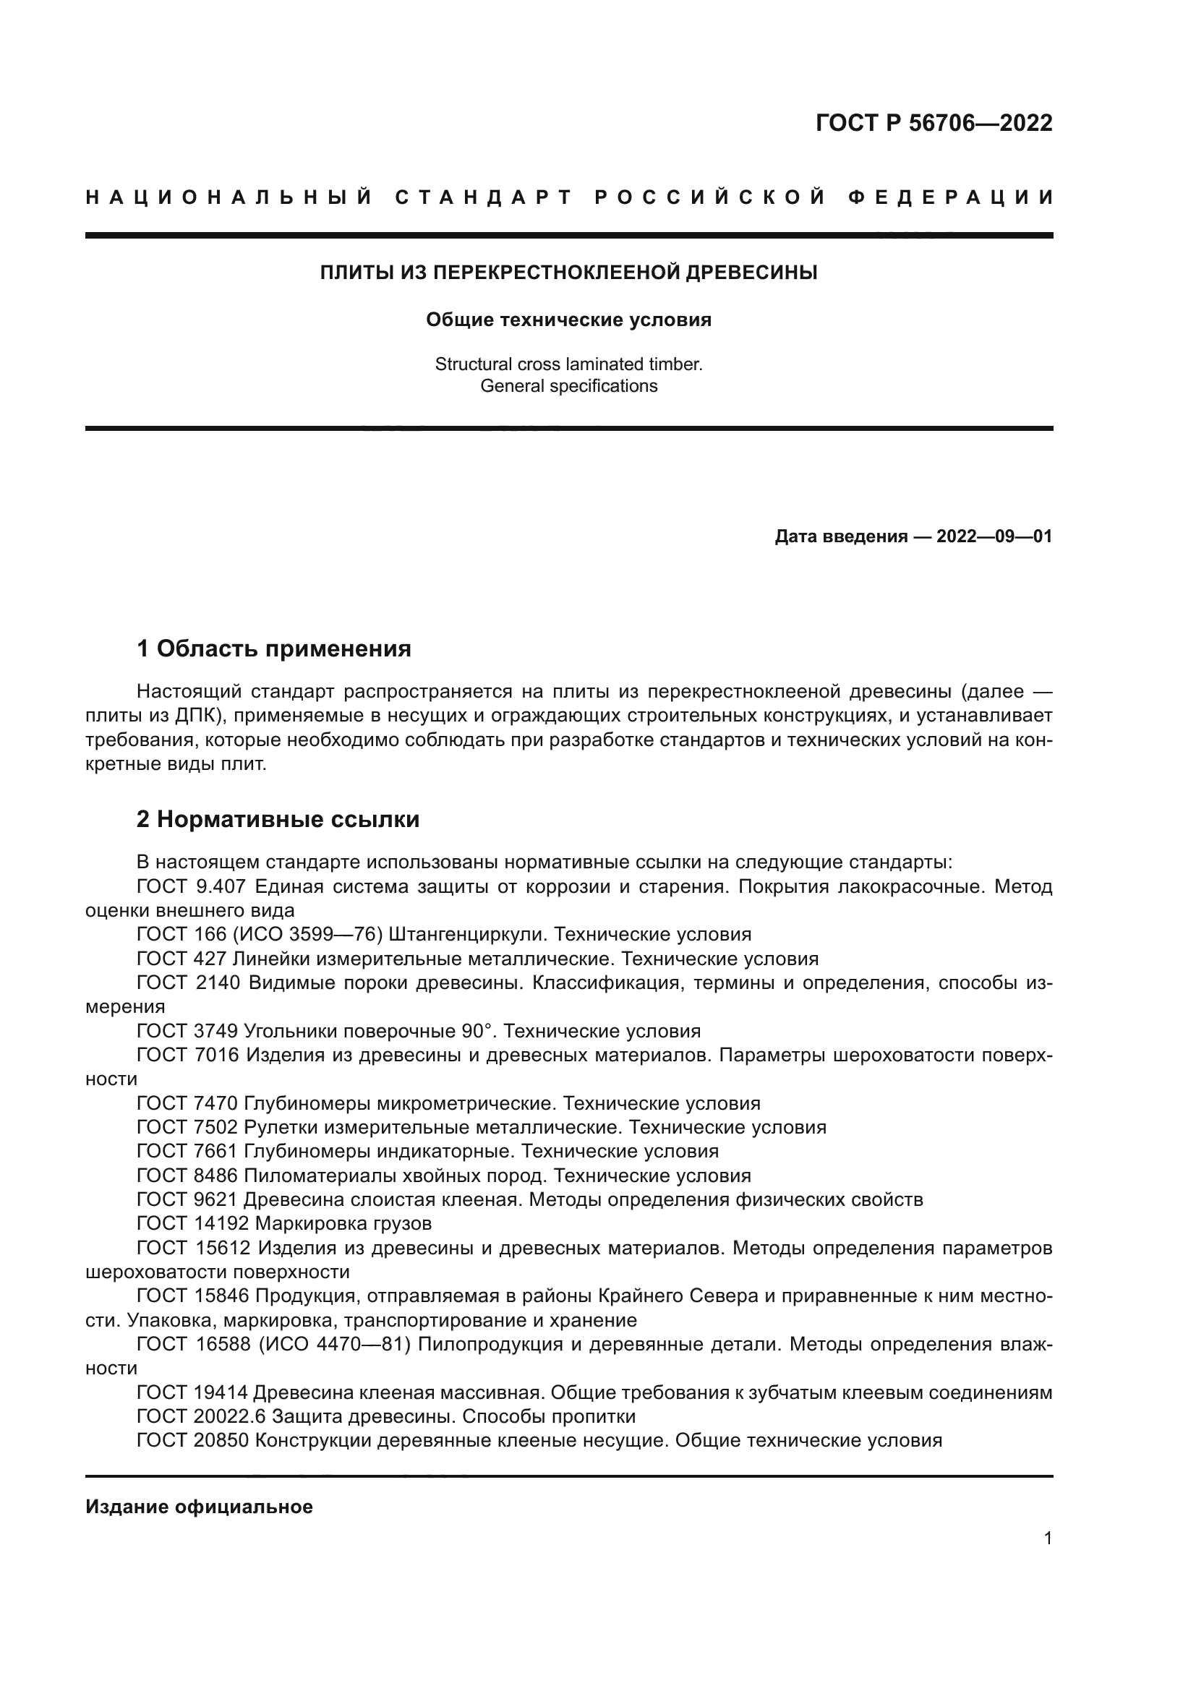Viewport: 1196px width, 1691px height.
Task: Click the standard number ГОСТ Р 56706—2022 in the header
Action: pos(934,123)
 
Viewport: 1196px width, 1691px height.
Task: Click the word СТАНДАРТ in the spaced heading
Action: pos(484,197)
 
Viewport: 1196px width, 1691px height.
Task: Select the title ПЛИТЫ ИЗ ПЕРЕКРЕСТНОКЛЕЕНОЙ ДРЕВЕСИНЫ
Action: pos(568,273)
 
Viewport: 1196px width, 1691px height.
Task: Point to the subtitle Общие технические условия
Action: pos(568,320)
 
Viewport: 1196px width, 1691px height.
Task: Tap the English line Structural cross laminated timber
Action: pos(568,364)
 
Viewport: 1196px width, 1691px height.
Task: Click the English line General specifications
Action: pos(568,386)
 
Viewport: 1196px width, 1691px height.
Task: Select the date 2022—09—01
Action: pos(994,536)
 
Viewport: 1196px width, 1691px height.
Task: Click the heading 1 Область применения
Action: pos(274,648)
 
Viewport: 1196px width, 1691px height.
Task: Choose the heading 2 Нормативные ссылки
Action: pos(278,819)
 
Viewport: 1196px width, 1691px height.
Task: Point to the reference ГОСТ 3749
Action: pos(188,1030)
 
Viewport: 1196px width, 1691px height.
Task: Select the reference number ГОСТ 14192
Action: pos(194,1223)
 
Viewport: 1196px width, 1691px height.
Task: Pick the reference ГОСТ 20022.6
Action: pos(200,1416)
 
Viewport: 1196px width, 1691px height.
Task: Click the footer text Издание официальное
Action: pos(199,1507)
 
